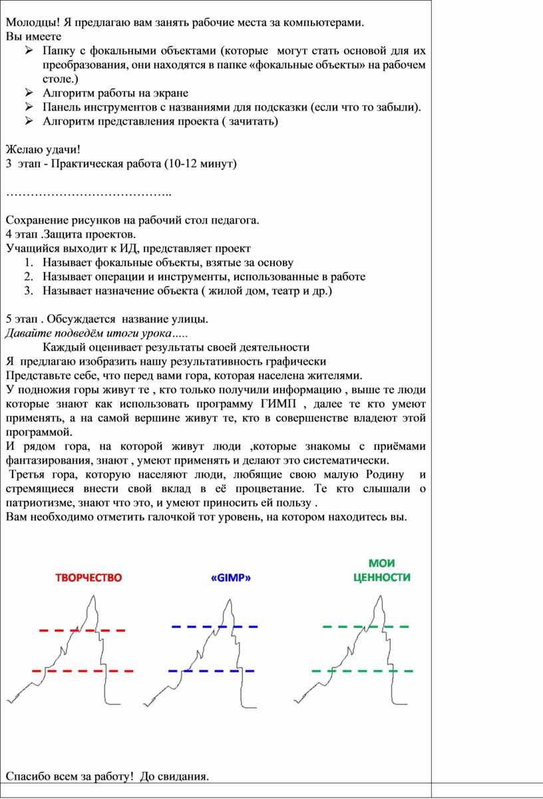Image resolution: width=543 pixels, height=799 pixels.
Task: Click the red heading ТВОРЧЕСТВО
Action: pos(89,577)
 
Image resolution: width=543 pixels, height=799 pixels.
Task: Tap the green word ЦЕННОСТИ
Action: pos(381,577)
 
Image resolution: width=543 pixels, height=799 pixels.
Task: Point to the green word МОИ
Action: pos(381,563)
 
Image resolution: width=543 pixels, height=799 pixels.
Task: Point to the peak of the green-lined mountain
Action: pos(380,594)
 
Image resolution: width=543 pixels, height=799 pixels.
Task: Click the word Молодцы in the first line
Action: pos(27,23)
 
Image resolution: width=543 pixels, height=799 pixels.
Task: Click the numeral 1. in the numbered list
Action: pos(29,263)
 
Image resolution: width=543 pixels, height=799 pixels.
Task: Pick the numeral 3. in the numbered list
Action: pos(29,291)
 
